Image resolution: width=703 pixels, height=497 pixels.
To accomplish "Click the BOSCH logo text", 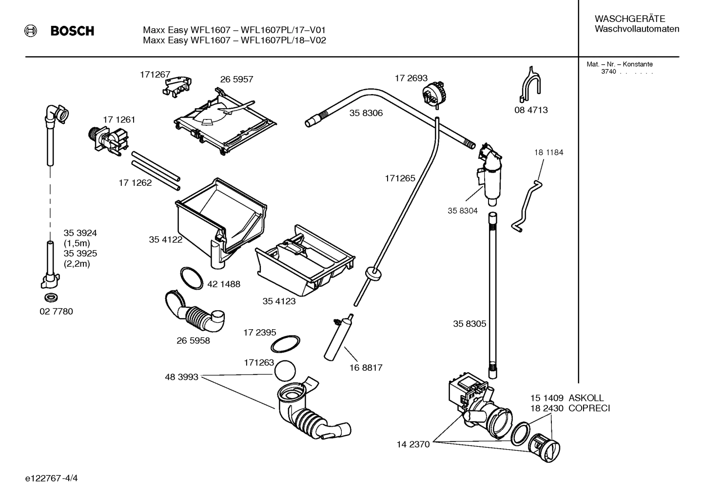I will (72, 31).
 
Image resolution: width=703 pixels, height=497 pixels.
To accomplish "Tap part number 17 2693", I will (410, 78).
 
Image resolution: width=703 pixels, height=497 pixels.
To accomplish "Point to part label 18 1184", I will (548, 152).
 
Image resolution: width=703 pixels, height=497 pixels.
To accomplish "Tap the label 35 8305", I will (469, 324).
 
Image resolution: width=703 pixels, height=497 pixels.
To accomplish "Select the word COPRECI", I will (589, 408).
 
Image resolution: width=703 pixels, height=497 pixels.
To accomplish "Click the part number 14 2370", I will (413, 444).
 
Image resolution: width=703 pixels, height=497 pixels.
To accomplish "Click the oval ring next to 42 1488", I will (192, 278).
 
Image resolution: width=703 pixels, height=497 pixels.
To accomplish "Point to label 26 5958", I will (193, 340).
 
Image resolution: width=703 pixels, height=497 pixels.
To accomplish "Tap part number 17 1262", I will (135, 183).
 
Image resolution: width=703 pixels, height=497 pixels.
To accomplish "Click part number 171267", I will (155, 75).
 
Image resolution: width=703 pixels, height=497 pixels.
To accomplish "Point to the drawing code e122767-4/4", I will (52, 478).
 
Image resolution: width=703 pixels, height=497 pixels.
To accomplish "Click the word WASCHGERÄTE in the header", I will (629, 19).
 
